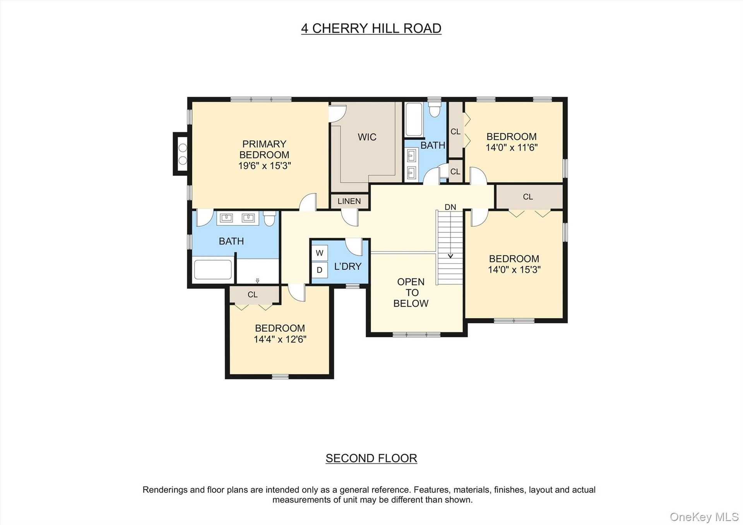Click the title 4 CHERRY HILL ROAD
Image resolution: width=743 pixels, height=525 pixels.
371,28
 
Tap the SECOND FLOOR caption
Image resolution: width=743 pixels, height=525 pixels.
371,458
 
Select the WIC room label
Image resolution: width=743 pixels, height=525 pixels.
367,137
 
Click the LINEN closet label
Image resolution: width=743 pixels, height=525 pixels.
349,201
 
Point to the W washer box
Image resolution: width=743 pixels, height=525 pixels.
320,253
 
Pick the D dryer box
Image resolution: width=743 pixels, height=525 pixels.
320,270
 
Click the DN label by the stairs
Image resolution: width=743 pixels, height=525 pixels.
450,207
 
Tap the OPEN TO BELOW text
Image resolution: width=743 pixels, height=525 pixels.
411,293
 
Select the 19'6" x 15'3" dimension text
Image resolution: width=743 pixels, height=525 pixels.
264,166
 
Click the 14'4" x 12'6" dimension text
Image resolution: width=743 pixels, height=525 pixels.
280,339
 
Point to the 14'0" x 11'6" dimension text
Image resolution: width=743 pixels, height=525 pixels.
512,148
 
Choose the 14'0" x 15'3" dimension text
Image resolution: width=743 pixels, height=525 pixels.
514,269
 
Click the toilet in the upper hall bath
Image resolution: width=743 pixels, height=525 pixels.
435,109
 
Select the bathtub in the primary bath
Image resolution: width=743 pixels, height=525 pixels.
213,269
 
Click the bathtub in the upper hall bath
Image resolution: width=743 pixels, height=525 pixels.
414,119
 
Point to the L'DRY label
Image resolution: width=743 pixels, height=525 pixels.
348,266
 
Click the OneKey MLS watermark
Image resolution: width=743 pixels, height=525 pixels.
704,516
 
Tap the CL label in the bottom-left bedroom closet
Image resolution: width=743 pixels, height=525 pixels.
252,295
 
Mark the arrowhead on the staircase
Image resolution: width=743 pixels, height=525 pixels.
450,256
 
